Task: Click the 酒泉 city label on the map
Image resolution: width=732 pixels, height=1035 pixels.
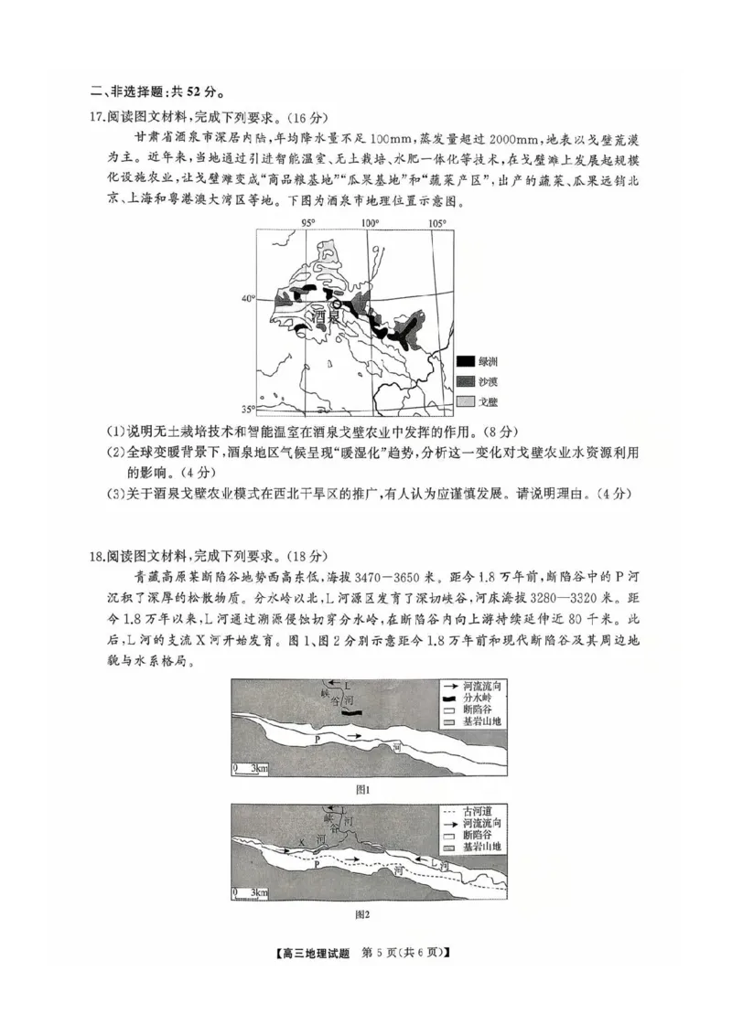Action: (327, 317)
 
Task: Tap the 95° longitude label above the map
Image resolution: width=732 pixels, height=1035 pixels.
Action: (309, 223)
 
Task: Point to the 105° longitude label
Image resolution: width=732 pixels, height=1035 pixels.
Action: (437, 223)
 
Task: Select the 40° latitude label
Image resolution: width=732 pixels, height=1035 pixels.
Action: (247, 299)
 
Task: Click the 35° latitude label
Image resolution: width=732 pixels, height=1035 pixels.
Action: (247, 409)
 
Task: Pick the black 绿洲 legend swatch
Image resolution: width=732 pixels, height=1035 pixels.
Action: (465, 362)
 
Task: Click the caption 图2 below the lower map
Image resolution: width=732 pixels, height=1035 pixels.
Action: (361, 913)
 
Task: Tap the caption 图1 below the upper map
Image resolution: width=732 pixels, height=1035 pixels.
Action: (361, 788)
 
